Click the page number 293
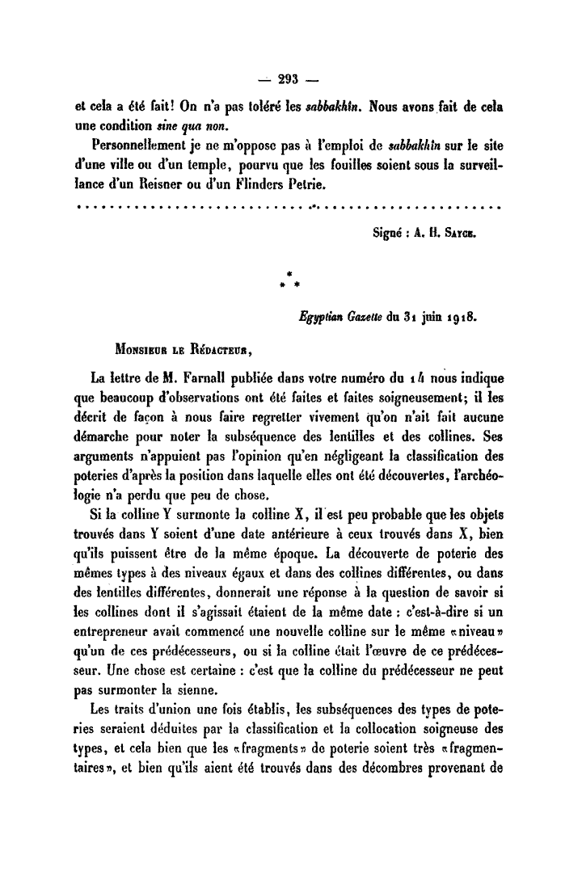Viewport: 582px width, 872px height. pos(289,78)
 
